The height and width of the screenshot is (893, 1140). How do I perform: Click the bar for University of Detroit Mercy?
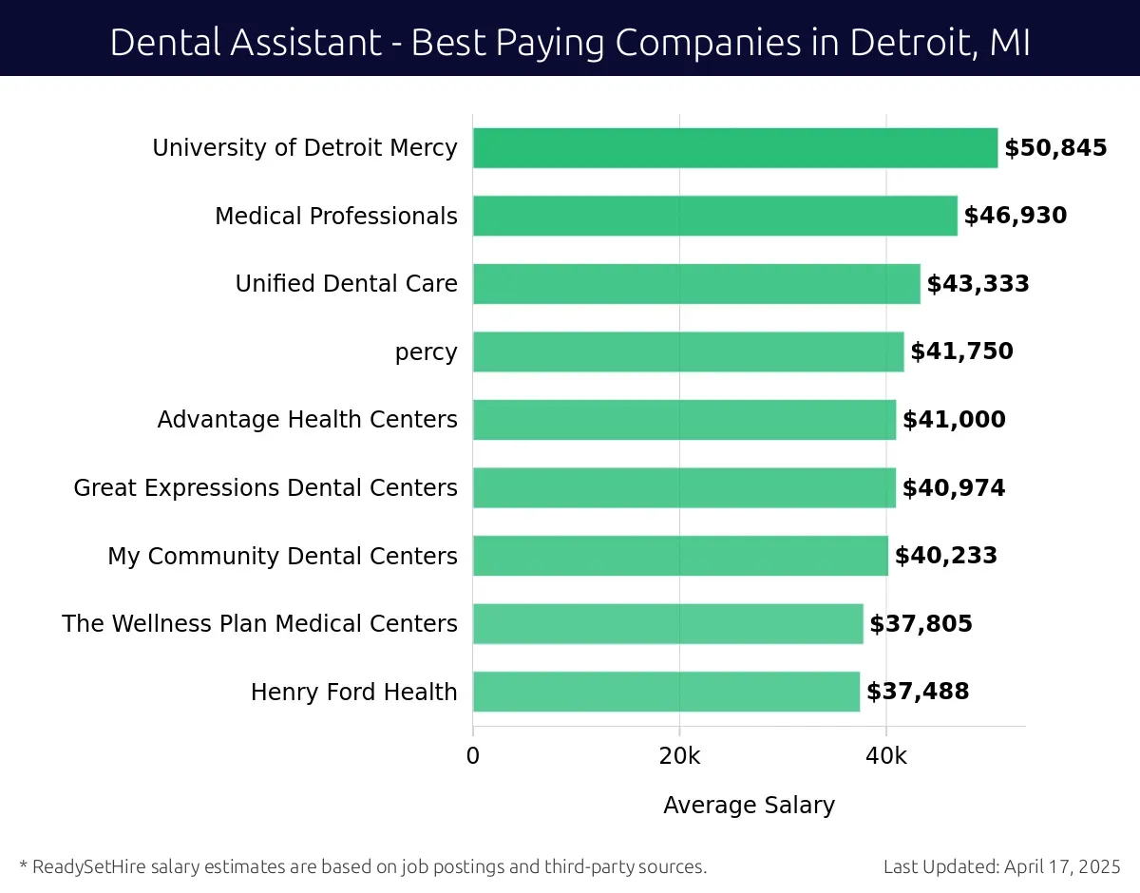(x=734, y=148)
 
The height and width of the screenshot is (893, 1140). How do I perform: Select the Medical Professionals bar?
(x=714, y=216)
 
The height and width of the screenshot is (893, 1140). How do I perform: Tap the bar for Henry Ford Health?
(x=666, y=692)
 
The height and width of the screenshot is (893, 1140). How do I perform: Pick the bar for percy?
(x=688, y=351)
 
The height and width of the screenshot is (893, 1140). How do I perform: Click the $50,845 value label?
(x=1055, y=148)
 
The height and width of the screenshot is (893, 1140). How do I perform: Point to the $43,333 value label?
(x=978, y=284)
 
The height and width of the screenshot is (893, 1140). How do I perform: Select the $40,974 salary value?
(x=953, y=488)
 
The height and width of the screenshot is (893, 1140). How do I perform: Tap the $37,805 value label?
(x=921, y=624)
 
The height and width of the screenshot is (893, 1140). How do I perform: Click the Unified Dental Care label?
(x=346, y=284)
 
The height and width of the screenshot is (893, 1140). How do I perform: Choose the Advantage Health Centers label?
(x=307, y=420)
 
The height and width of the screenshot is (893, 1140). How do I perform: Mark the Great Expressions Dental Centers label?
(x=265, y=488)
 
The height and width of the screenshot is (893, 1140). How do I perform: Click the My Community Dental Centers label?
(x=282, y=556)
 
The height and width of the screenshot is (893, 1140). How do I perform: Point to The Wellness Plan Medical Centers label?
(x=259, y=624)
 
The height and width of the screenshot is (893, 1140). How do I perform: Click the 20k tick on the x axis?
(x=679, y=756)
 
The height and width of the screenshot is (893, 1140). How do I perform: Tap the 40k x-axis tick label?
(x=886, y=756)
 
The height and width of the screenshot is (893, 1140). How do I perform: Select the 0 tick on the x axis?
(x=473, y=756)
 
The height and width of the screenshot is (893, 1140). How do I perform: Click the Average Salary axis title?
(x=749, y=806)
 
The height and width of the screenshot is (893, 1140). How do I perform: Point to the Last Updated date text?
(x=1001, y=866)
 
